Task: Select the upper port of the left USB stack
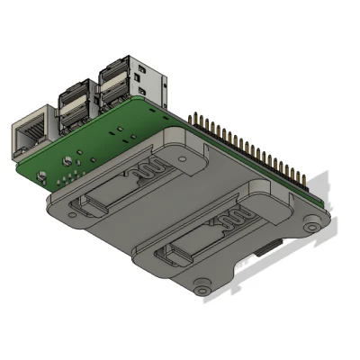tap(73, 94)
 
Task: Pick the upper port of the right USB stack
tap(115, 71)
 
